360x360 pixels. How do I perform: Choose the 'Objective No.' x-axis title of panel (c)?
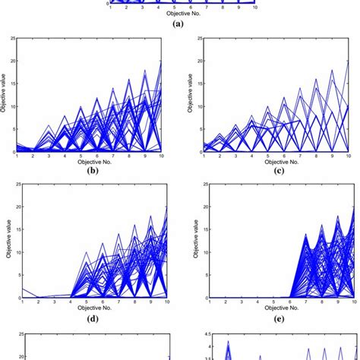275,163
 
